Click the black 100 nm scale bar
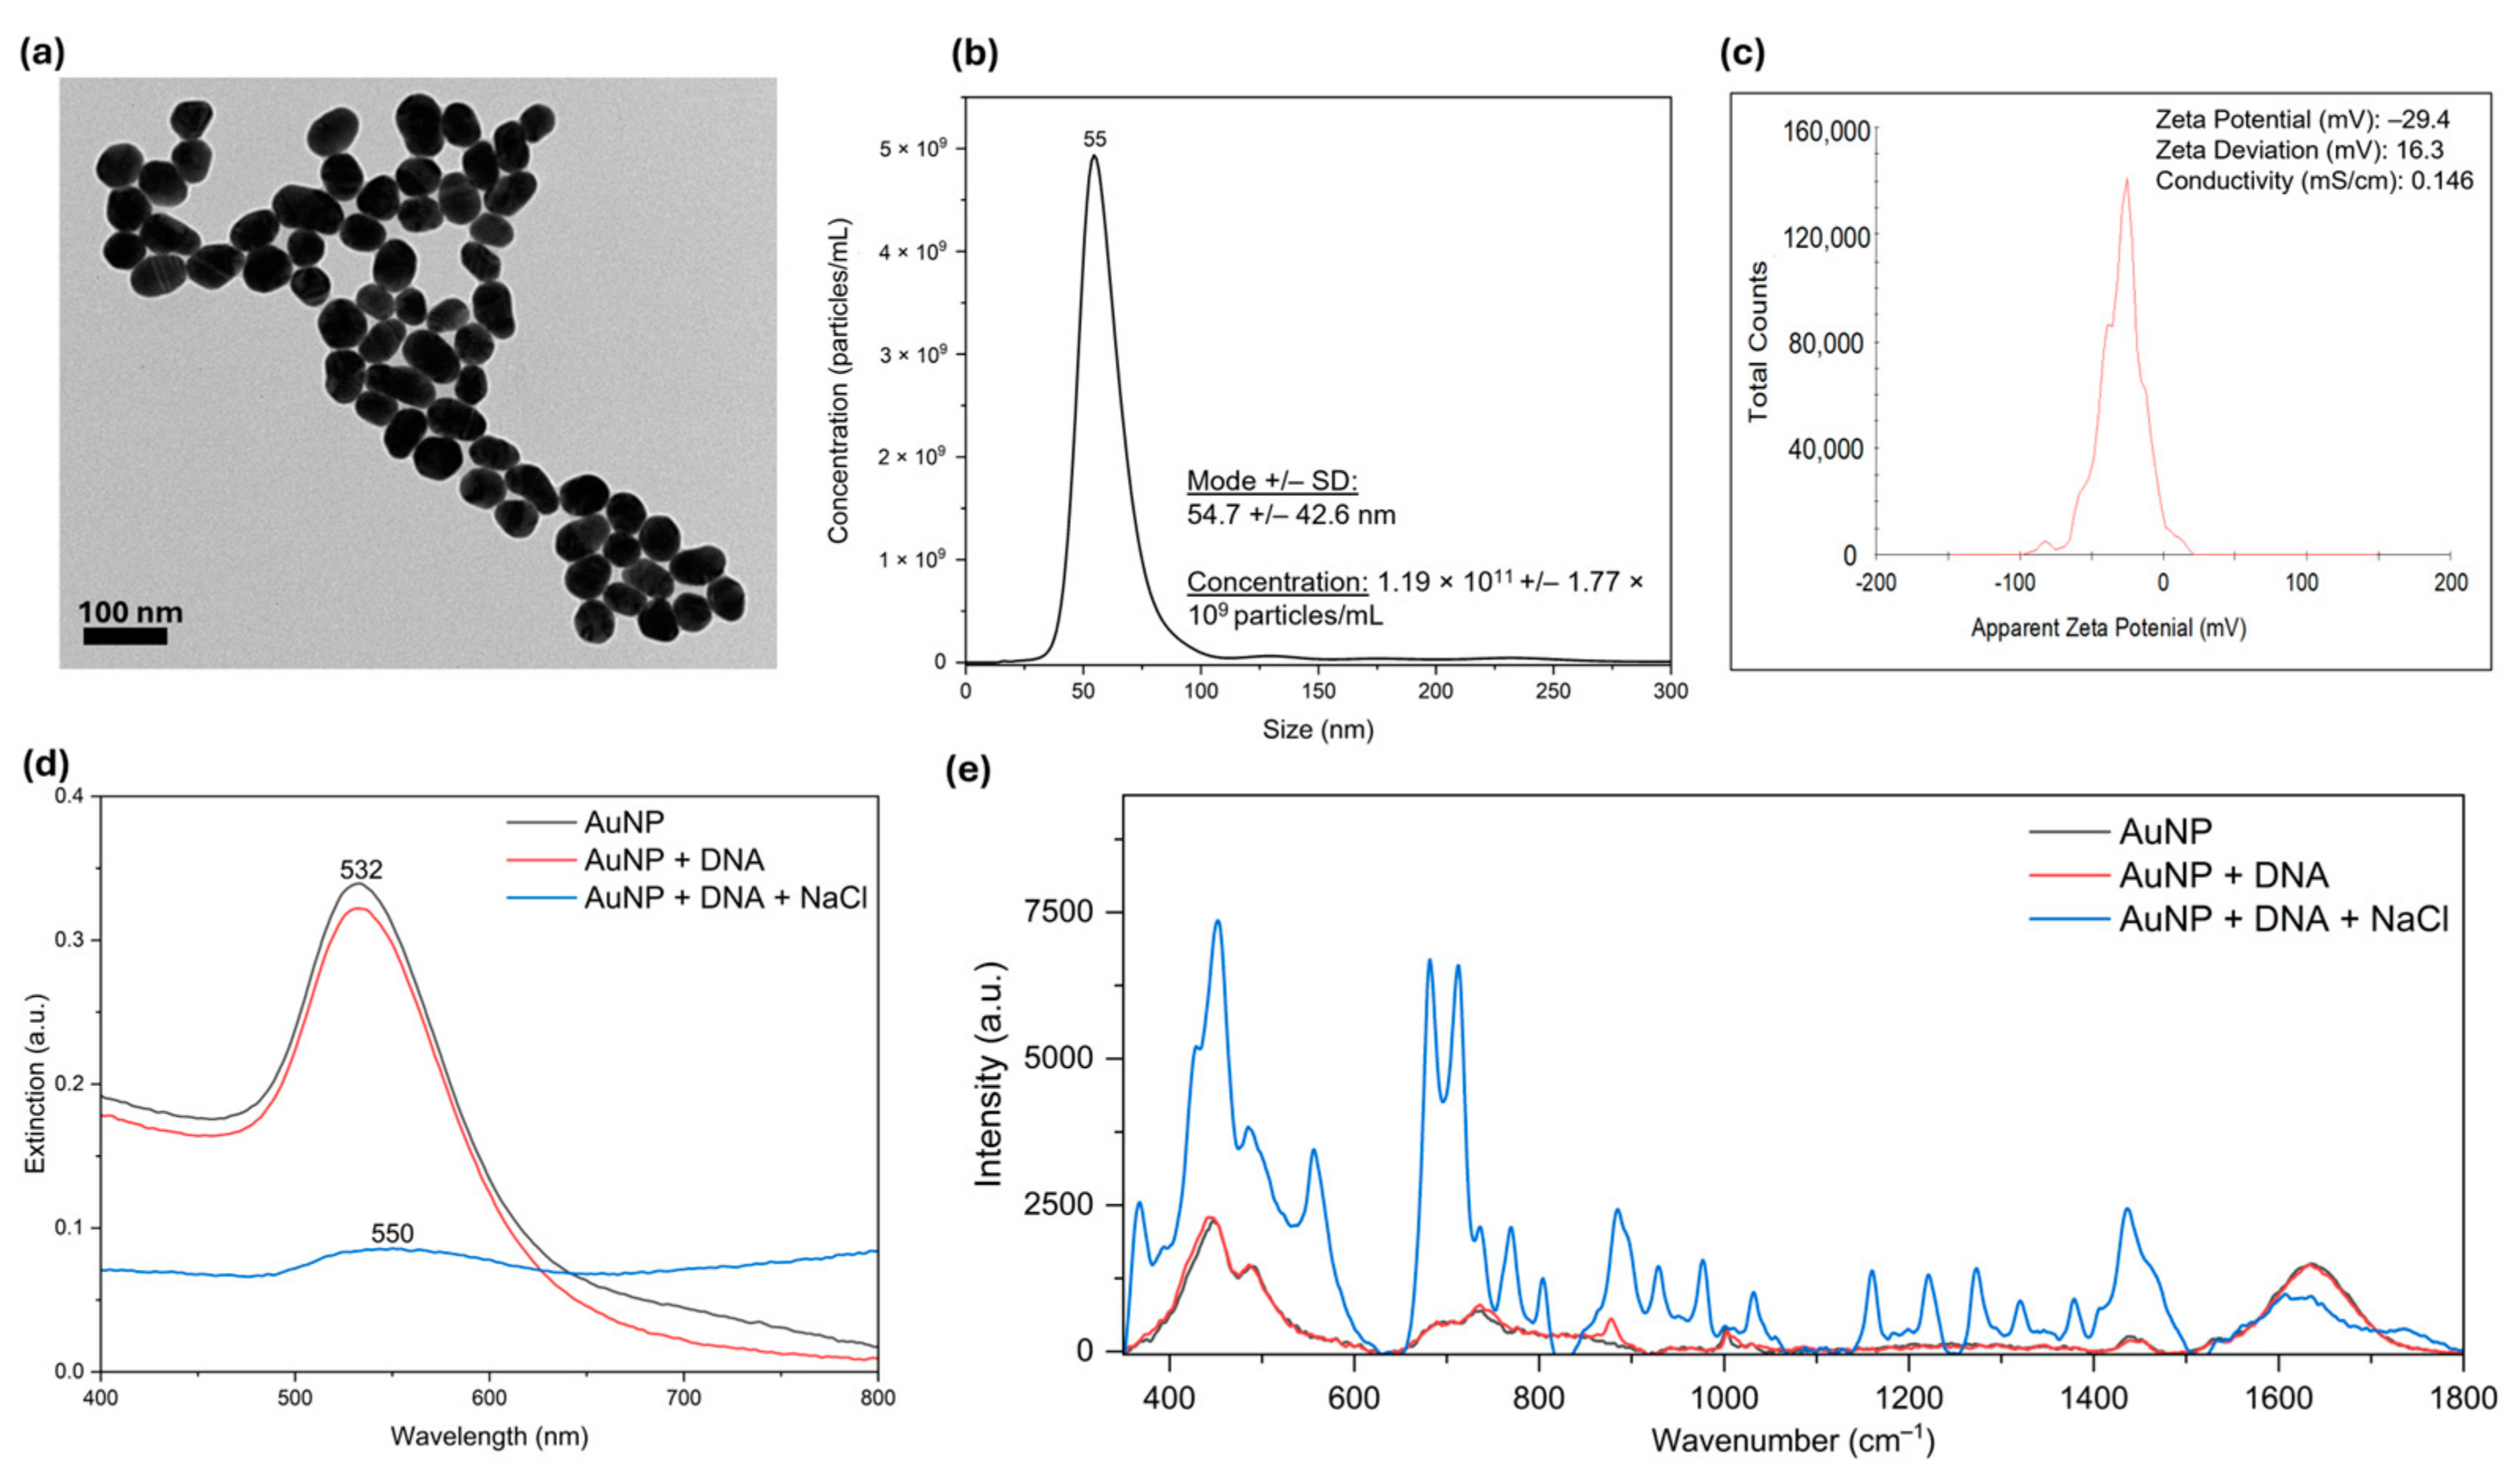point(125,636)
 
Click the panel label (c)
point(1742,54)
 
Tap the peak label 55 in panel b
point(1095,139)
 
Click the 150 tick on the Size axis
point(1319,690)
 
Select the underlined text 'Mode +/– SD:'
point(1272,481)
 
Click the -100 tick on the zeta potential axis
point(2018,582)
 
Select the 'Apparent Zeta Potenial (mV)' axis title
point(2108,628)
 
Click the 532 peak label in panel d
point(361,870)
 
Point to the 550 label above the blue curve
point(392,1234)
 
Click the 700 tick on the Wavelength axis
point(683,1397)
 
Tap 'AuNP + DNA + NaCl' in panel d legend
point(725,897)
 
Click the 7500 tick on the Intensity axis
point(1059,912)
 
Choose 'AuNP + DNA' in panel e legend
point(2223,875)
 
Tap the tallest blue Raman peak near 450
point(1217,922)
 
